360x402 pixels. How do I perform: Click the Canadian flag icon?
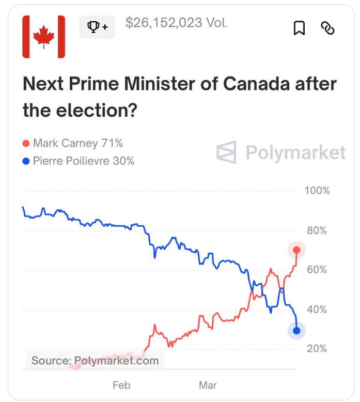[x=44, y=37]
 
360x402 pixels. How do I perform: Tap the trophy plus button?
[x=97, y=27]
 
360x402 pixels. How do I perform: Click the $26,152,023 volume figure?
[x=177, y=23]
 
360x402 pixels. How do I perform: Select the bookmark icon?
[x=299, y=28]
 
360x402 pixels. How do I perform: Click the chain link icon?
[x=328, y=28]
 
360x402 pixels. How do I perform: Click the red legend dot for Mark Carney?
[x=26, y=144]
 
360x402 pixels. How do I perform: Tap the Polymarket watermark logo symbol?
[x=226, y=152]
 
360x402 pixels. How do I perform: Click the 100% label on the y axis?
[x=317, y=191]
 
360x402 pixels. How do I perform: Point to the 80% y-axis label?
[x=317, y=230]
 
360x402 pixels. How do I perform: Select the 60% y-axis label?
[x=317, y=270]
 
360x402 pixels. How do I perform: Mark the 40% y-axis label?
[x=317, y=310]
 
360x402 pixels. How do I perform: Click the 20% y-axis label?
[x=317, y=349]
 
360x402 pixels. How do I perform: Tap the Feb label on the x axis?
[x=121, y=385]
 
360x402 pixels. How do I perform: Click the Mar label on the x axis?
[x=208, y=385]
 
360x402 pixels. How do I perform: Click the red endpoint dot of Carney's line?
[x=296, y=250]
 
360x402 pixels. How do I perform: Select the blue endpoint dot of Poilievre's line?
[x=296, y=331]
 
